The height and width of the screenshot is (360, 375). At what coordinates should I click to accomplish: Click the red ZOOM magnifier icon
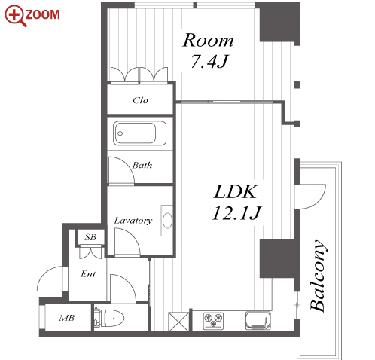(x=16, y=15)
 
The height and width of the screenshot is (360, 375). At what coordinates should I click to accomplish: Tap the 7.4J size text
(x=209, y=61)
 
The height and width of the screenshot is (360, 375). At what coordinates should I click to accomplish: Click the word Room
(x=208, y=40)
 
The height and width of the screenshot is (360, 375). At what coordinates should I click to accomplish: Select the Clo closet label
(x=140, y=100)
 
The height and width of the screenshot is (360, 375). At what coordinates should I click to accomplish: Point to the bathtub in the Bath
(x=139, y=133)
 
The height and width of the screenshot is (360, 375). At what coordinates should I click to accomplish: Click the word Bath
(x=142, y=165)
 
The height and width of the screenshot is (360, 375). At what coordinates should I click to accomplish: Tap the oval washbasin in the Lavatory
(x=167, y=221)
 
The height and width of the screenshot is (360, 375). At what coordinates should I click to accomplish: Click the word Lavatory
(x=133, y=221)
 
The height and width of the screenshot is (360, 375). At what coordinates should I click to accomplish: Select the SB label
(x=90, y=237)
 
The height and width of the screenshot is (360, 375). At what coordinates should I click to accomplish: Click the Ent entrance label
(x=88, y=273)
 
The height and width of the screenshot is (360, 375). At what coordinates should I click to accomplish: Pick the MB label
(x=66, y=318)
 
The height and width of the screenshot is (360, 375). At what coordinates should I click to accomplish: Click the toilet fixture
(x=109, y=317)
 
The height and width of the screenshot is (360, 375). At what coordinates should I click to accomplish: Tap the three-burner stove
(x=213, y=321)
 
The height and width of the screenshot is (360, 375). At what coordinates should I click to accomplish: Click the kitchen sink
(x=258, y=321)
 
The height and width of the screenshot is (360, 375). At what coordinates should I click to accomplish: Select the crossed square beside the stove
(x=178, y=322)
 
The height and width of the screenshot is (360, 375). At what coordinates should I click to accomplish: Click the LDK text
(x=235, y=191)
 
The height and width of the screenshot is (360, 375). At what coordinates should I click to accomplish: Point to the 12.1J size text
(x=236, y=213)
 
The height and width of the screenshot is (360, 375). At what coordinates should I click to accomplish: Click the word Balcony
(x=319, y=276)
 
